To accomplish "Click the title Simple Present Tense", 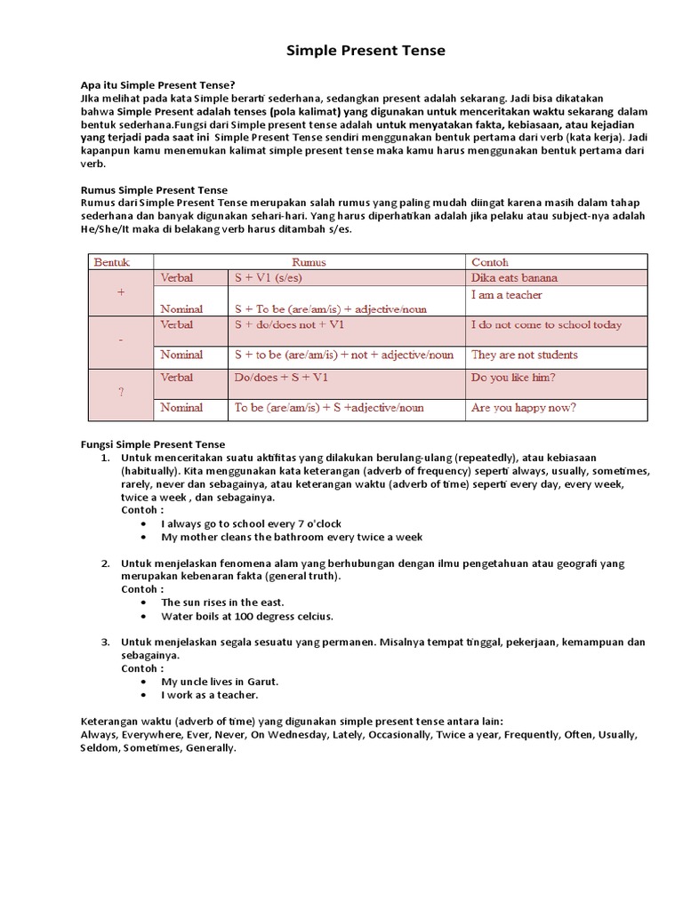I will coord(366,51).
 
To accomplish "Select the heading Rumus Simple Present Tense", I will coord(154,190).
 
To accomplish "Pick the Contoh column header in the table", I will coord(490,262).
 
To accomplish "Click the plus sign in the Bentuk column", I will coord(120,292).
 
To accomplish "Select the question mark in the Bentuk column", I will coord(120,392).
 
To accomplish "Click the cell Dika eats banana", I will coord(514,278).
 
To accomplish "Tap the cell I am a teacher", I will coord(506,295).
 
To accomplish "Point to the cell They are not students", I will coord(524,355).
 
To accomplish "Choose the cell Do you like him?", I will coord(513,378).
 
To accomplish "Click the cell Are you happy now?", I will coord(523,408).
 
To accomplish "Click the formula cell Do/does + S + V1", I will coord(282,378).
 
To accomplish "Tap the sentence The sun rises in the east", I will coord(222,603).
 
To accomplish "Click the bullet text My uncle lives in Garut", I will coord(220,682).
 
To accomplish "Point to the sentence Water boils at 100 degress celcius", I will coord(247,616).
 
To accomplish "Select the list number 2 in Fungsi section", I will coord(104,563).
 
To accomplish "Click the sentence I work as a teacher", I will coord(210,695).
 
